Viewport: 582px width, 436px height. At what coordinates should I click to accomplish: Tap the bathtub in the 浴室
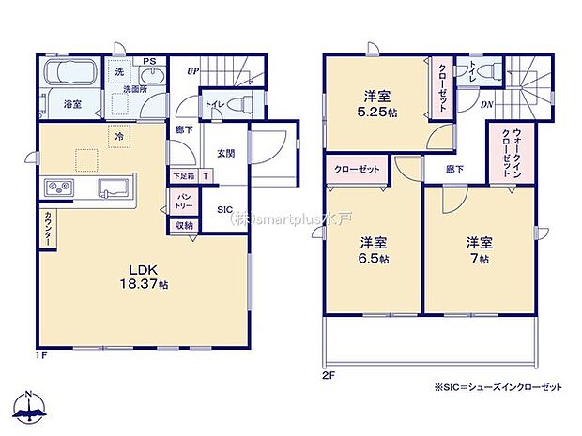coord(71,75)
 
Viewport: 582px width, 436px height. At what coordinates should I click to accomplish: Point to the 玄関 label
coord(226,153)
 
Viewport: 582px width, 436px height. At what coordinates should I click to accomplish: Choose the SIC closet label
coord(225,210)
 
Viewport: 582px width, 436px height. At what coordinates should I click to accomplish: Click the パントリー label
coord(184,199)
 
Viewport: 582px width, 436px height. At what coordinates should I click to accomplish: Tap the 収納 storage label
coord(183,225)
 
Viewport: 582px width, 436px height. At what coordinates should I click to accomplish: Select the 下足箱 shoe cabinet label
coord(183,175)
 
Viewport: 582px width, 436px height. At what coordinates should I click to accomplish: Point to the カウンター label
coord(47,229)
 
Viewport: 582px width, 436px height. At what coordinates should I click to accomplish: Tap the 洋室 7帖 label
coord(479,250)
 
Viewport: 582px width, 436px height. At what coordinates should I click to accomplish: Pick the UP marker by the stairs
coord(191,70)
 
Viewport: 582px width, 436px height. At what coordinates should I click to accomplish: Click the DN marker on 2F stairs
coord(486,105)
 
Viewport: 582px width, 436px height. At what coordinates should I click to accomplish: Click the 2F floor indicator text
coord(328,373)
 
